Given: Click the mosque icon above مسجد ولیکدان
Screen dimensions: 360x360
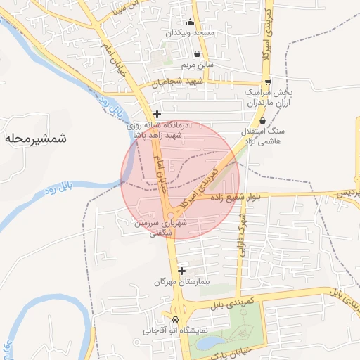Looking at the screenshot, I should [190, 22].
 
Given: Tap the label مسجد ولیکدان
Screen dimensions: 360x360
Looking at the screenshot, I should [190, 33].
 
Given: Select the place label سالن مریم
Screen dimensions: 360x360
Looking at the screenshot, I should [198, 64].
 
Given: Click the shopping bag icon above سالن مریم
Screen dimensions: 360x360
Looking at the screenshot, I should [197, 53].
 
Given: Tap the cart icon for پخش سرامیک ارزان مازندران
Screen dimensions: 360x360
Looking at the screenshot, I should [268, 82].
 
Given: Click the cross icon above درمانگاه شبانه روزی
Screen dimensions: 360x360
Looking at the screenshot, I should [157, 114].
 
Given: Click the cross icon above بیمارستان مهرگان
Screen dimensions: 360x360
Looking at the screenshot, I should [182, 271].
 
